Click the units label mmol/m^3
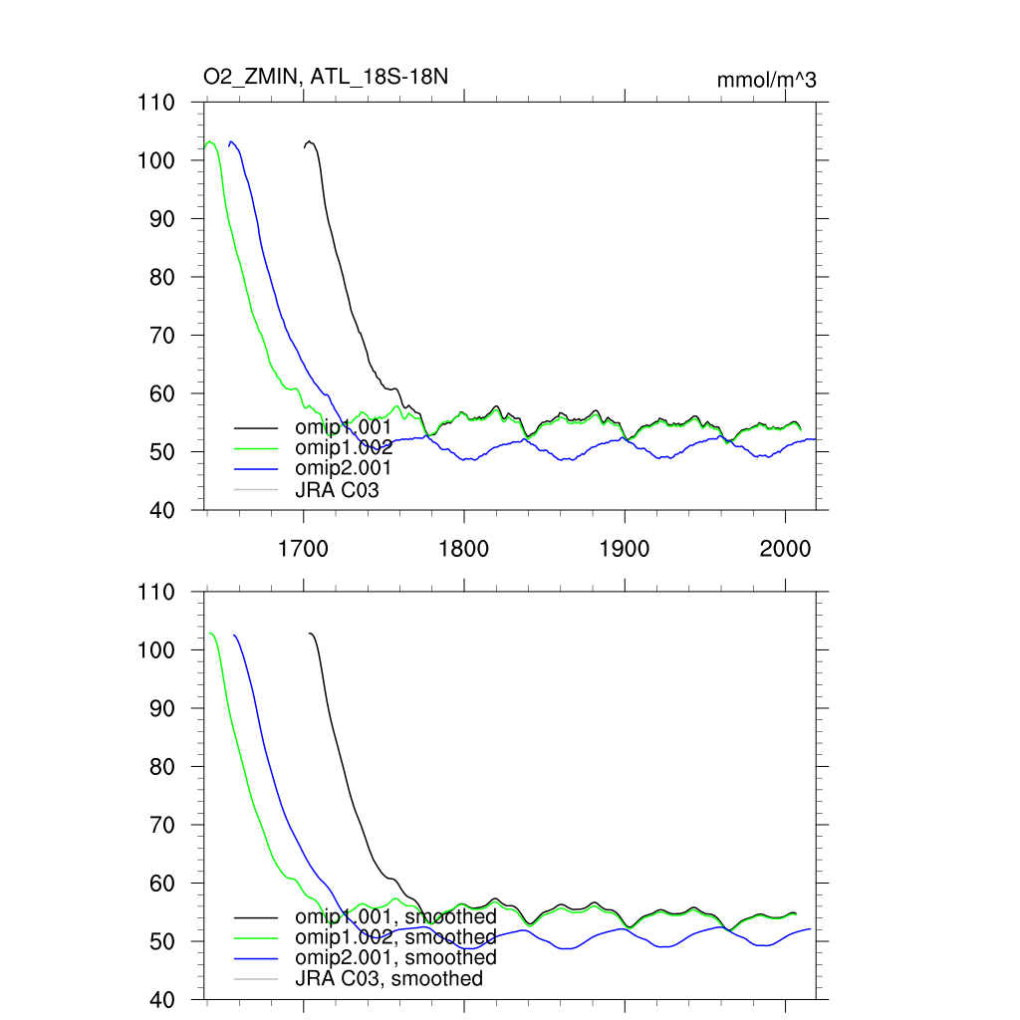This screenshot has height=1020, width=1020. point(767,81)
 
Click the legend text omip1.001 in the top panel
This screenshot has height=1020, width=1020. point(343,427)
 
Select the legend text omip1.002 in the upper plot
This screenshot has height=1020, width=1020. point(343,448)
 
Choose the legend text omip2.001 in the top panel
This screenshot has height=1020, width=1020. point(343,468)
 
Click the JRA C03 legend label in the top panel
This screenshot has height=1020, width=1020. point(337,489)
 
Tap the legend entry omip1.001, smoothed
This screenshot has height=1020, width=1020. point(395,916)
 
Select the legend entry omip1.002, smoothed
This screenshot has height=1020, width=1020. point(395,937)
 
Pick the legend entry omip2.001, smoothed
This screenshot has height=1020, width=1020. point(395,957)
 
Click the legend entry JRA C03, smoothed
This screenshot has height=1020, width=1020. point(388,978)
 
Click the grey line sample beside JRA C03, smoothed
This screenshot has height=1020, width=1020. point(254,979)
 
